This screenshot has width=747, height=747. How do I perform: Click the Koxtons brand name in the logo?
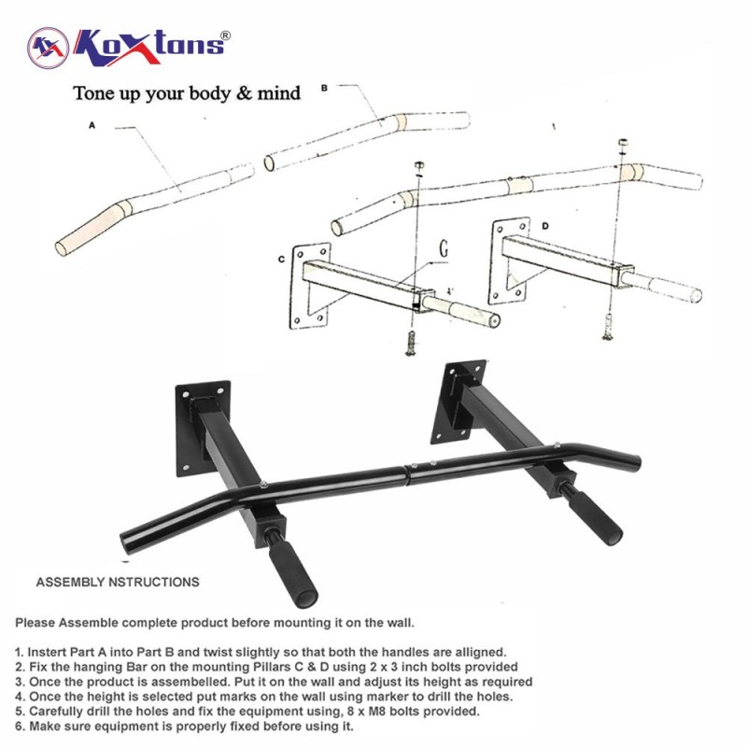coord(148,48)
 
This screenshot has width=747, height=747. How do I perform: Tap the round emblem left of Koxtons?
coord(49,48)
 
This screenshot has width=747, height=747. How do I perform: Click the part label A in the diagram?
coord(92,126)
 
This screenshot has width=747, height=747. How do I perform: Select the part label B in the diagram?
coord(324,88)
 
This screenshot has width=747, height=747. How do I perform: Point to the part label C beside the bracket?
coord(281,260)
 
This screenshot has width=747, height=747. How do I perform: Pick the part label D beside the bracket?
coord(545,225)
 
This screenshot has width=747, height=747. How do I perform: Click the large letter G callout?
coord(443,248)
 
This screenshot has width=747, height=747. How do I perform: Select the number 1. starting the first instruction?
coord(20,652)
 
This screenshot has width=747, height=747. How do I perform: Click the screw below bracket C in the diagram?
coord(411,343)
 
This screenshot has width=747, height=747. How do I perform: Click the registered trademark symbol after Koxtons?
coord(225,35)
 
